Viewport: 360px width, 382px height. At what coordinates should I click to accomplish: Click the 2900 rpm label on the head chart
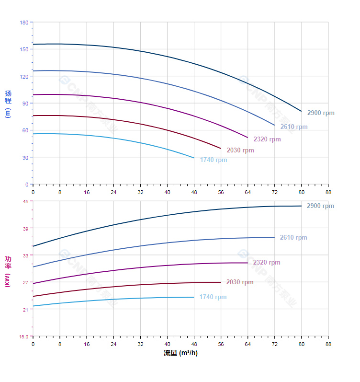click(321, 113)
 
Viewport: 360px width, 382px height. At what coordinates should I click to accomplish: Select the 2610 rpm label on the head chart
click(294, 127)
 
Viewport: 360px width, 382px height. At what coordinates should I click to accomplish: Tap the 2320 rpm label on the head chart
click(267, 139)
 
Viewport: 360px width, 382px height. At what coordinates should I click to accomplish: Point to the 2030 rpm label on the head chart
click(240, 150)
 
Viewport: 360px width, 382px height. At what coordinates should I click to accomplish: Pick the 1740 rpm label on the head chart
click(214, 160)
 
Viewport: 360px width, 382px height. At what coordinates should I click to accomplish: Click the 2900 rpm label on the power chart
click(320, 206)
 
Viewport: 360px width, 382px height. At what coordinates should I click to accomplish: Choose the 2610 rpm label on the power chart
click(293, 238)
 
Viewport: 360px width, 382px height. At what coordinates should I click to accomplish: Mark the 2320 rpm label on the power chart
click(267, 263)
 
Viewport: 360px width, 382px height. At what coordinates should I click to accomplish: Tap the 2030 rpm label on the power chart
click(240, 282)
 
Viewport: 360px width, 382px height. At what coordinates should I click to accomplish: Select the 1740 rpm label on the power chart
click(213, 297)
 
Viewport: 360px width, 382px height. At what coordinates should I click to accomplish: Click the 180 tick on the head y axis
click(24, 23)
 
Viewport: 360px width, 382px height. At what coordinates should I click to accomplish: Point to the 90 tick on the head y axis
click(25, 104)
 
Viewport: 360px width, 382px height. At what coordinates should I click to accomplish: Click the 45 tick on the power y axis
click(25, 201)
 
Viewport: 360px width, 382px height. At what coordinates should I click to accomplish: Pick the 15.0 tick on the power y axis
click(23, 336)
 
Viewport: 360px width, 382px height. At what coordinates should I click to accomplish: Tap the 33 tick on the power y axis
click(25, 255)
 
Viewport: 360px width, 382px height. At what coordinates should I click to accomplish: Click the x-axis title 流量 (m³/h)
click(180, 353)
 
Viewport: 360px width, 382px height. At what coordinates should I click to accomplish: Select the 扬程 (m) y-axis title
click(8, 104)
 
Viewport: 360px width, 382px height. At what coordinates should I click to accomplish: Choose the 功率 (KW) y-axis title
click(8, 271)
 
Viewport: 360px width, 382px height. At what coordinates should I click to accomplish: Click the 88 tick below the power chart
click(328, 344)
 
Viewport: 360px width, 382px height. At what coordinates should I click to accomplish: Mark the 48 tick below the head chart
click(194, 192)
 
